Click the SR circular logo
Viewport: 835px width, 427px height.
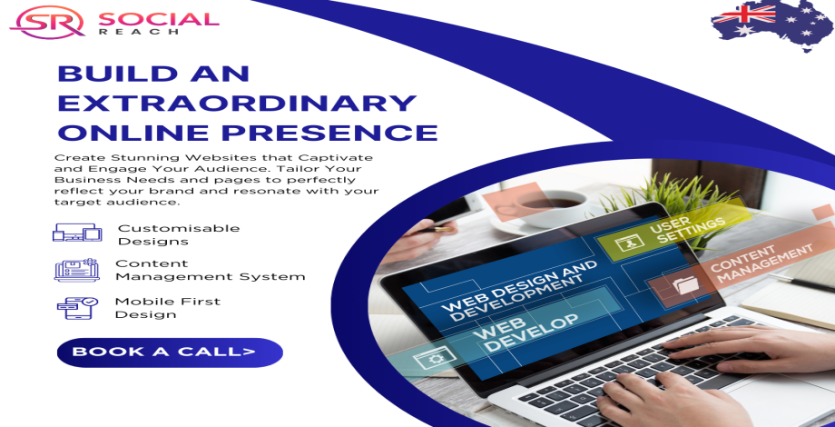point(47,22)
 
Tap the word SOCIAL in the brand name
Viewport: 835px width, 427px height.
point(159,19)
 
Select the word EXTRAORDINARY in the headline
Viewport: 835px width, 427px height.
point(237,103)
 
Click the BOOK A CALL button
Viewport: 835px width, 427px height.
point(170,353)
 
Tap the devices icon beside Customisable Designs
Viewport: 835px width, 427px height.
point(76,233)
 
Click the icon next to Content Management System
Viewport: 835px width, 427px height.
point(76,270)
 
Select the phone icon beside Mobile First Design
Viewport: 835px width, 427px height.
point(78,308)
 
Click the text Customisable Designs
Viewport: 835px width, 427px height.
point(179,234)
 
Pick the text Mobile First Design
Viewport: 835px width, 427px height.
point(168,308)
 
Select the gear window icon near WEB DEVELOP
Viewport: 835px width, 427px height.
point(435,360)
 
